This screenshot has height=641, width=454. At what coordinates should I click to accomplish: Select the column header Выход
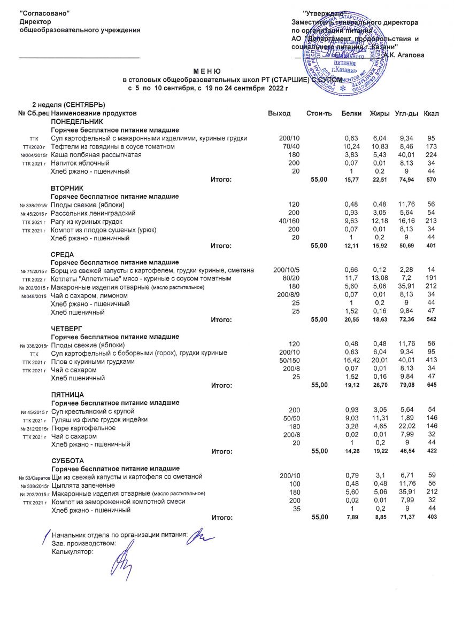point(279,113)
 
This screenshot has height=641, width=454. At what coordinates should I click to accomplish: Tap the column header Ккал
point(430,113)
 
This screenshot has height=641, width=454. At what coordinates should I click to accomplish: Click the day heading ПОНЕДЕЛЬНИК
point(76,122)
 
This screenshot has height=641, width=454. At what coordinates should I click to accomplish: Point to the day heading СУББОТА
point(68,460)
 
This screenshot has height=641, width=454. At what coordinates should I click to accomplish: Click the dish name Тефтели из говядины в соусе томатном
point(112,146)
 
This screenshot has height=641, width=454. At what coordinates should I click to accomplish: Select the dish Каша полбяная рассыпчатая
point(96,154)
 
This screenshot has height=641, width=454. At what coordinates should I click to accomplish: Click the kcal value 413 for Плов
point(431,362)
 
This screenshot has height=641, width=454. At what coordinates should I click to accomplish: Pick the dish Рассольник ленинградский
point(93,213)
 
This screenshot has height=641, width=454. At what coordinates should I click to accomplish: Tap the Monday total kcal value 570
point(430,179)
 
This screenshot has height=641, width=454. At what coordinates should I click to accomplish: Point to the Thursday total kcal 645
point(430,385)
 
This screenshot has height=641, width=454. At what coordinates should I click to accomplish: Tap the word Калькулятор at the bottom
point(72,552)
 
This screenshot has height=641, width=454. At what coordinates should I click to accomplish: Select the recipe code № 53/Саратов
point(34,476)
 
